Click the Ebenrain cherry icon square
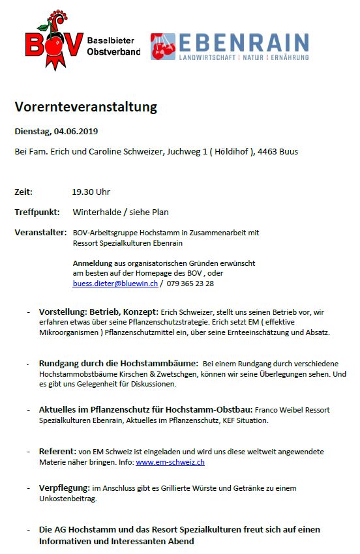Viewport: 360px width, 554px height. (x=163, y=47)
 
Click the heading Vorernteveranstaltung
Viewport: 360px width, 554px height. (x=86, y=107)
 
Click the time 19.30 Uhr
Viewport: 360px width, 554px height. (x=91, y=192)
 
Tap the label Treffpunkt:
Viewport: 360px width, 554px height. (x=37, y=212)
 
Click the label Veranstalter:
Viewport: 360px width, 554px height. (x=40, y=232)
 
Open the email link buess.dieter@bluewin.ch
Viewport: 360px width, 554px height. (x=115, y=284)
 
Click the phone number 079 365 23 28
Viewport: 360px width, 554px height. (x=191, y=284)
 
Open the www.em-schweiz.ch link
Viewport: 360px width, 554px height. (x=170, y=462)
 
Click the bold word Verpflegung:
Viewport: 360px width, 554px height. (x=65, y=488)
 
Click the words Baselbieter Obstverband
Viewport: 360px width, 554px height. (x=113, y=46)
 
